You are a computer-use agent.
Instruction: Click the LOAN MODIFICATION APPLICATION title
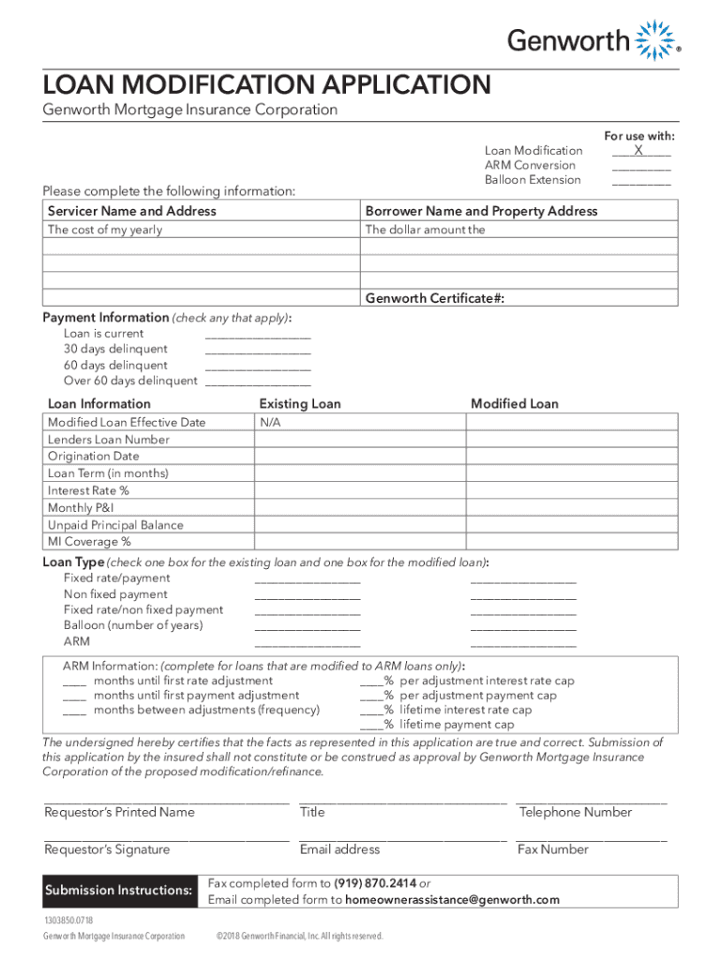(x=266, y=85)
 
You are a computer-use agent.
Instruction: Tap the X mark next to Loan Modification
(x=639, y=150)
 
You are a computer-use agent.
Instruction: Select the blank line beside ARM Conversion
(x=641, y=166)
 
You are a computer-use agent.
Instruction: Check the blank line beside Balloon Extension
(x=641, y=181)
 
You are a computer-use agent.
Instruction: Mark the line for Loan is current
(x=257, y=335)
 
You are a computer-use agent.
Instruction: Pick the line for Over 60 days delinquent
(x=257, y=382)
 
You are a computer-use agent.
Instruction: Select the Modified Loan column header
(x=514, y=404)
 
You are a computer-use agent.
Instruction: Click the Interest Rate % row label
(x=88, y=490)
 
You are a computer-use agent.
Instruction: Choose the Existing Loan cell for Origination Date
(x=359, y=457)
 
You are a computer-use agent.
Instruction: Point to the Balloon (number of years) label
(x=133, y=625)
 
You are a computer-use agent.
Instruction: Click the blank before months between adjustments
(x=75, y=712)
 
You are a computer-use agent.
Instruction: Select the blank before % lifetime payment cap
(x=370, y=726)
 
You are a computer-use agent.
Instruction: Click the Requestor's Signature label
(x=107, y=849)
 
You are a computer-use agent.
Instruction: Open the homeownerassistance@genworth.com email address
(x=452, y=900)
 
